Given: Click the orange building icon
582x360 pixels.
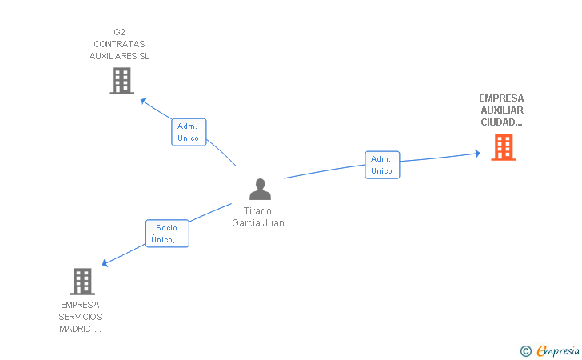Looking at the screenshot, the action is click(x=503, y=147).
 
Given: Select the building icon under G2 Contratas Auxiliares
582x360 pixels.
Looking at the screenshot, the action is click(x=121, y=81).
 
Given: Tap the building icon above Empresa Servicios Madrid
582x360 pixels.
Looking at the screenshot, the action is click(x=82, y=282).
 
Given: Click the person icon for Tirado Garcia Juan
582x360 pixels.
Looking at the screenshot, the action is click(x=260, y=190).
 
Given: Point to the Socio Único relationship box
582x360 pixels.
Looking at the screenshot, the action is click(x=167, y=234).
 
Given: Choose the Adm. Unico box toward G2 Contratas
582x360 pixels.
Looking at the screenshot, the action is click(x=189, y=132).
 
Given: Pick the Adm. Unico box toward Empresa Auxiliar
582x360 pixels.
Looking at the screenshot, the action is click(x=382, y=165).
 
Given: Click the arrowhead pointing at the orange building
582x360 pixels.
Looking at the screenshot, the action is click(x=476, y=152).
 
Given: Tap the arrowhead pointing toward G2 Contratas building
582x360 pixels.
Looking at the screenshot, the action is click(x=144, y=101).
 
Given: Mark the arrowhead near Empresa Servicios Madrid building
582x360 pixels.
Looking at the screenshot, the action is click(x=106, y=262).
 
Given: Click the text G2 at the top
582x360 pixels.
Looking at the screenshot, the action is click(x=120, y=33).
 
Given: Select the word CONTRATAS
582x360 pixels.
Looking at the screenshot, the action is click(x=119, y=45).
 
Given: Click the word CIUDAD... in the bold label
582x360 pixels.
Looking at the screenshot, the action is click(x=501, y=122).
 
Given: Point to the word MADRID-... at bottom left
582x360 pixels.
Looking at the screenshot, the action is click(x=80, y=329).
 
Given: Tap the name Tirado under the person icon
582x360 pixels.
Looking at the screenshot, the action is click(x=257, y=211).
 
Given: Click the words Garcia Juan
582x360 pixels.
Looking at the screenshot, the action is click(x=258, y=223).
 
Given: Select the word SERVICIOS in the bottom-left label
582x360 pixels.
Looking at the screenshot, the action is click(x=80, y=317).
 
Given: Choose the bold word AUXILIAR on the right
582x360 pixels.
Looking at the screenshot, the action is click(x=502, y=110).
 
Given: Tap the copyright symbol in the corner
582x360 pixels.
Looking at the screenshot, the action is click(x=525, y=350).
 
